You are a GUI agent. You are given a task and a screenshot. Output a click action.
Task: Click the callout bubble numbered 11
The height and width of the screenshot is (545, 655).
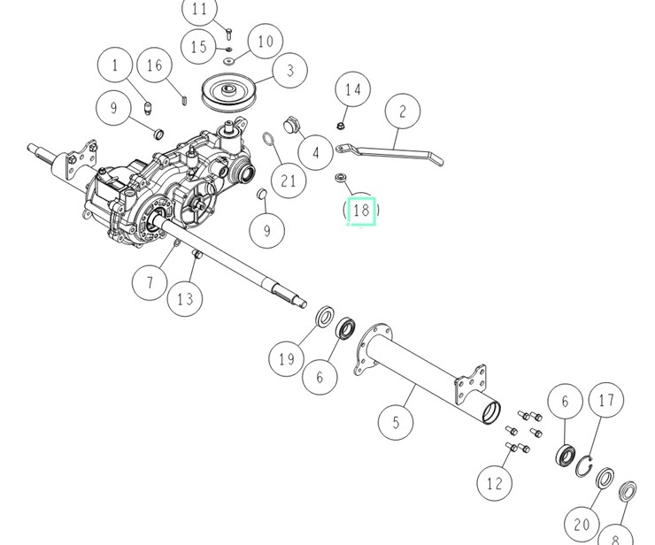coord(200,11)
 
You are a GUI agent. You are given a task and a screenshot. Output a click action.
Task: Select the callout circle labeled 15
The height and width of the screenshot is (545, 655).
coord(199,46)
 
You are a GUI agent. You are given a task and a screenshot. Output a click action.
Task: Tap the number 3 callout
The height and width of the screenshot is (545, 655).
coord(289,72)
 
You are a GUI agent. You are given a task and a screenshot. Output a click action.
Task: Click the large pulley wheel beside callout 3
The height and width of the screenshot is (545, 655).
coord(228,93)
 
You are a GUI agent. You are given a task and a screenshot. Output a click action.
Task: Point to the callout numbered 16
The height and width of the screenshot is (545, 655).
coord(156,65)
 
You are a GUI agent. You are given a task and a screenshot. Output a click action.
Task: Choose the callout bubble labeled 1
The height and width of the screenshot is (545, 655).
coord(115,65)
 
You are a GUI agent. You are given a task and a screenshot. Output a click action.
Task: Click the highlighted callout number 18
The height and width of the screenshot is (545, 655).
coord(361,211)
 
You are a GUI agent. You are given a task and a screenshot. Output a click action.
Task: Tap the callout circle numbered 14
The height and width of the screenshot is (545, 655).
coord(353,89)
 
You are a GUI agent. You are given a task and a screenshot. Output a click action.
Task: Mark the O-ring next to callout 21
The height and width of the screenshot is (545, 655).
coord(272,142)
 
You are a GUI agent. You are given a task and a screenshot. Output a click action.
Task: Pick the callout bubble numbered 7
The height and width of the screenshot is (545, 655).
coord(150,282)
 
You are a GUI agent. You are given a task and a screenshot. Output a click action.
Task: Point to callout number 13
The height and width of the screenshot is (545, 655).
coord(184,299)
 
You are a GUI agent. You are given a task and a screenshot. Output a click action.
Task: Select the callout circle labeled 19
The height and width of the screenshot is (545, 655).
coord(286,358)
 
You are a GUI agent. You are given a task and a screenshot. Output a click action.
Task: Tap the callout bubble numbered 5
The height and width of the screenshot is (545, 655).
coord(396,422)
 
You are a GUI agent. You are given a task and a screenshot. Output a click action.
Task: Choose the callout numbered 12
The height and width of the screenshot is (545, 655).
coord(494,483)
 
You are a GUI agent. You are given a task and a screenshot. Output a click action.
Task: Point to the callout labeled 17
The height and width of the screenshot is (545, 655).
coord(606,401)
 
